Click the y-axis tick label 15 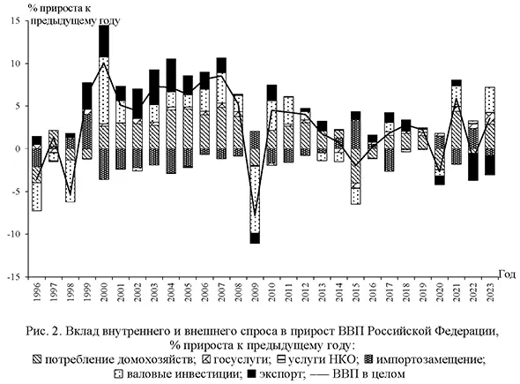[14, 21]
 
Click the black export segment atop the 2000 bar [104, 41]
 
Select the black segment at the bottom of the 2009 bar [255, 237]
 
